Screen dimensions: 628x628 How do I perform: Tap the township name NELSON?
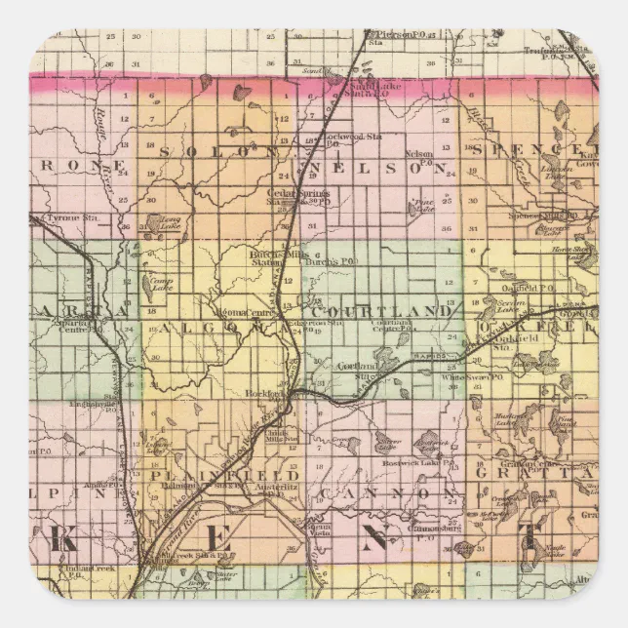[x=380, y=168]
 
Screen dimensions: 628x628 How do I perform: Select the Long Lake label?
[x=172, y=223]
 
